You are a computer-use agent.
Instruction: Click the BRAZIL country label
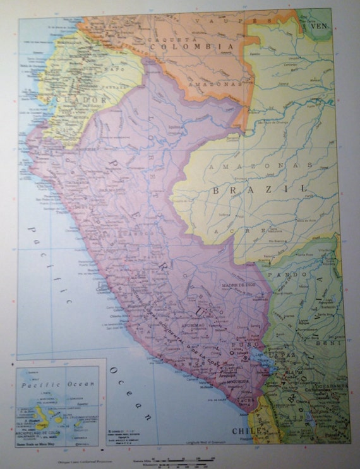coord(260,189)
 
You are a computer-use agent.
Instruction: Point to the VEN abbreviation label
coord(320,27)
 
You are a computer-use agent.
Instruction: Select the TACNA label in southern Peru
coord(243,400)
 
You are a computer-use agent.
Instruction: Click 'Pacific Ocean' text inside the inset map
coord(58,384)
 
